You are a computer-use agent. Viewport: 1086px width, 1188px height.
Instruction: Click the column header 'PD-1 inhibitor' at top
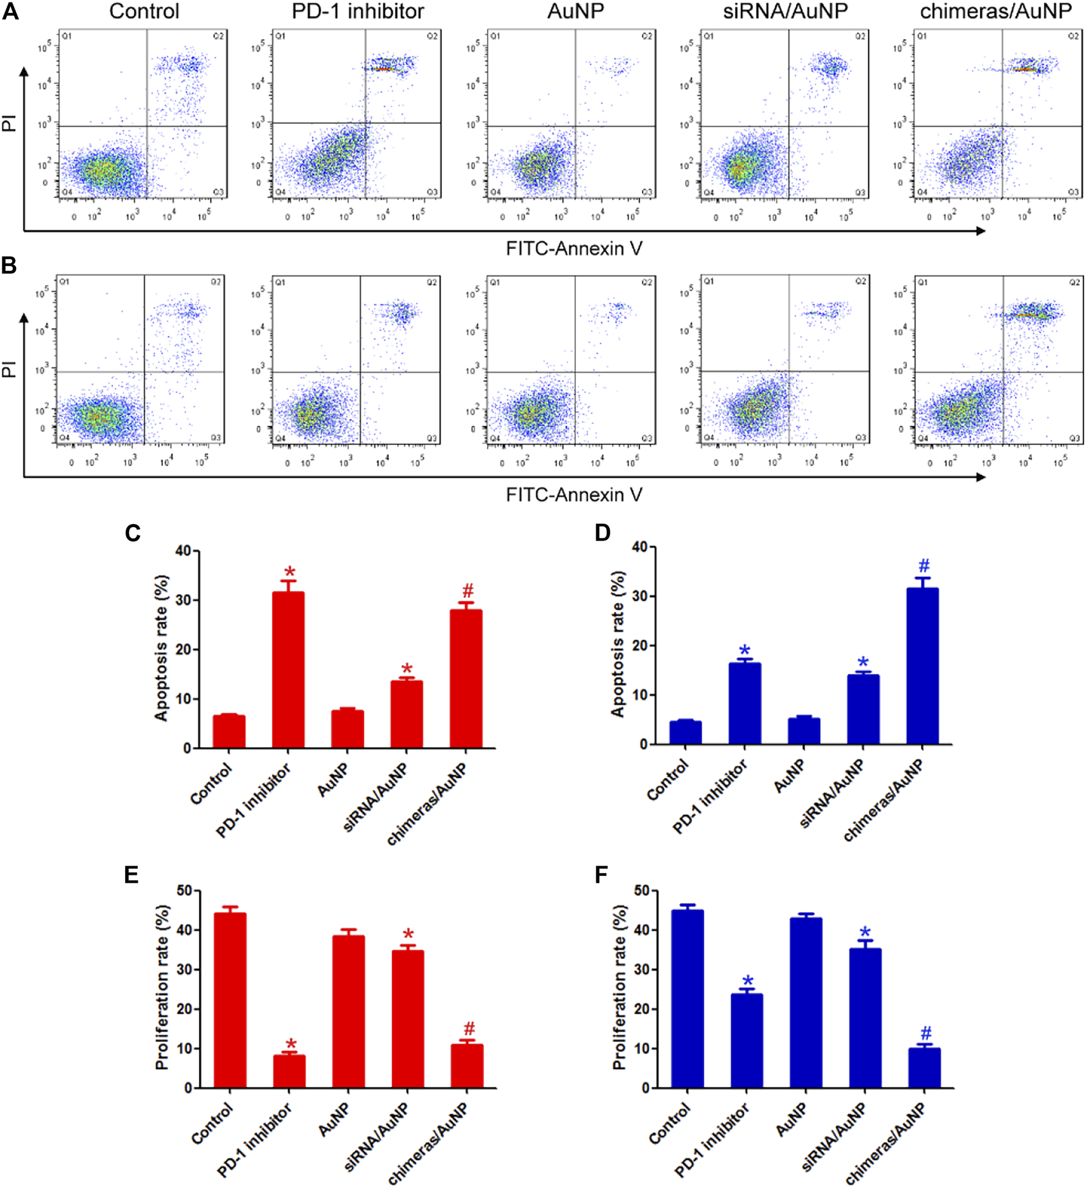357,11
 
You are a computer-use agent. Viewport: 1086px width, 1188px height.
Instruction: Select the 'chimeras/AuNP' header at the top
995,11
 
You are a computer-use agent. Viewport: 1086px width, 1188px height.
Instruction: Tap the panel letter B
9,265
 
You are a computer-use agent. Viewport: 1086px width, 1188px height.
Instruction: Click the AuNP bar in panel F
805,1003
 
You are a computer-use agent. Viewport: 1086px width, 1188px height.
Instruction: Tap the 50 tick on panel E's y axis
183,891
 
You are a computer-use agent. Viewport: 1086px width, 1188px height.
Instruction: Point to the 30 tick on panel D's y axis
640,596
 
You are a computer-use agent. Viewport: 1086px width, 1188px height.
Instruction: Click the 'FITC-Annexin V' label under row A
574,248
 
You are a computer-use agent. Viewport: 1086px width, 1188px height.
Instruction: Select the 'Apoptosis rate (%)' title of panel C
161,648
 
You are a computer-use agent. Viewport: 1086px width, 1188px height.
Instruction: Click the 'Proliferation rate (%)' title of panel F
619,988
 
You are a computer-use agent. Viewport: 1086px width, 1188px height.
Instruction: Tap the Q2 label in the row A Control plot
218,36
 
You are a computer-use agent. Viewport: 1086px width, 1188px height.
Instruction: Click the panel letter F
601,875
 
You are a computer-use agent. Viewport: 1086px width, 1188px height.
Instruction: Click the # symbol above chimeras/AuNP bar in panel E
469,1028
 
